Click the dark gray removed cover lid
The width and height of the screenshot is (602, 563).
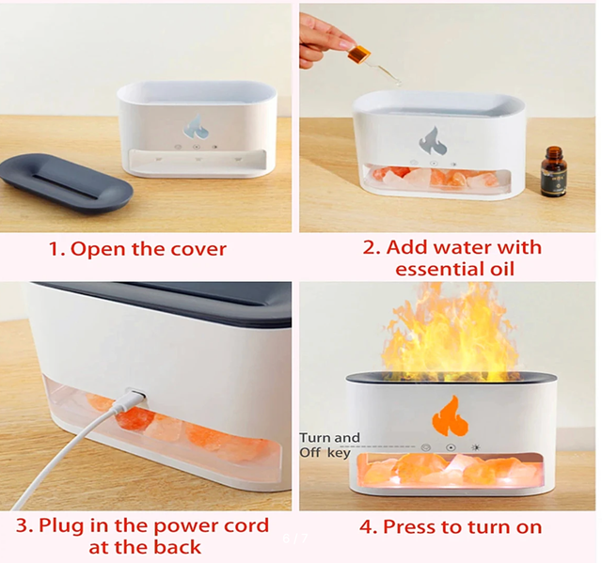tap(66, 183)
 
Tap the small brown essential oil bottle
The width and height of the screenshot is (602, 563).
tap(554, 171)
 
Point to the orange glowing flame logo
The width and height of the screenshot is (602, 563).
tap(450, 416)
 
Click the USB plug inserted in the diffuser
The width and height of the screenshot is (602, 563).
tap(135, 397)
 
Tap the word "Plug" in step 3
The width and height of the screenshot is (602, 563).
tap(61, 526)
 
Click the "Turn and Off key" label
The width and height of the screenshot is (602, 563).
tap(330, 445)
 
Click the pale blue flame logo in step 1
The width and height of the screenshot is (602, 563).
tap(196, 127)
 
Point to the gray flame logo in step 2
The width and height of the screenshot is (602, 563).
tap(433, 141)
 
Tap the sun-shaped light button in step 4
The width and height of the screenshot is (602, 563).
tap(475, 447)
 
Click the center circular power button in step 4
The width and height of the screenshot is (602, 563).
tap(451, 447)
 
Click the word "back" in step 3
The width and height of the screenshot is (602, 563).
tap(178, 547)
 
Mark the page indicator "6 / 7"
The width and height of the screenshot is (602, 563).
tap(294, 539)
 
